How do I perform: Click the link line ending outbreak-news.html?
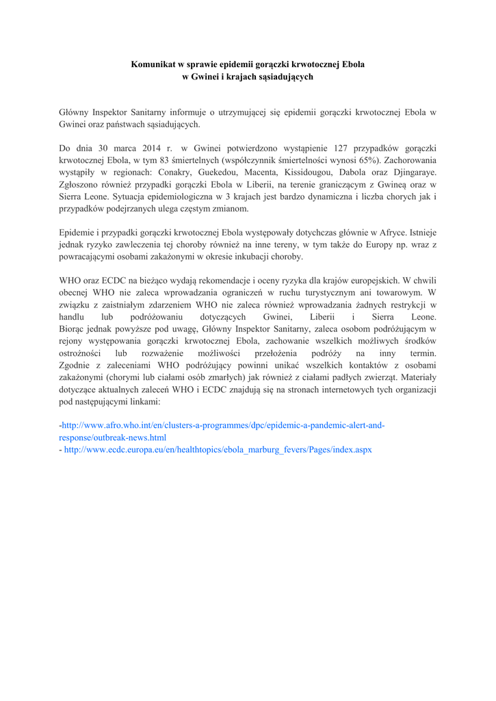[x=113, y=437]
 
